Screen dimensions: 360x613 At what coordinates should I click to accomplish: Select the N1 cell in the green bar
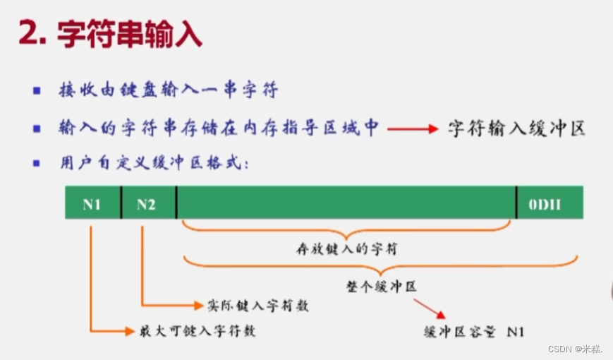(92, 204)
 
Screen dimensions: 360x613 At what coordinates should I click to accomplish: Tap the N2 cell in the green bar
(147, 204)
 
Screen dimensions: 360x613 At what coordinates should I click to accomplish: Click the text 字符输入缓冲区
(516, 129)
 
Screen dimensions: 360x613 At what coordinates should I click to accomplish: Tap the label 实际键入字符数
(257, 306)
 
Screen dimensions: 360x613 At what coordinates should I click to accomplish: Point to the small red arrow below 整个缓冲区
(429, 308)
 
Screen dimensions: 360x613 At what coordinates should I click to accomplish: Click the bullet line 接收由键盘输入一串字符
(169, 91)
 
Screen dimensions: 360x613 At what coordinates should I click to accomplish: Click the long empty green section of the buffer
(346, 204)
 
